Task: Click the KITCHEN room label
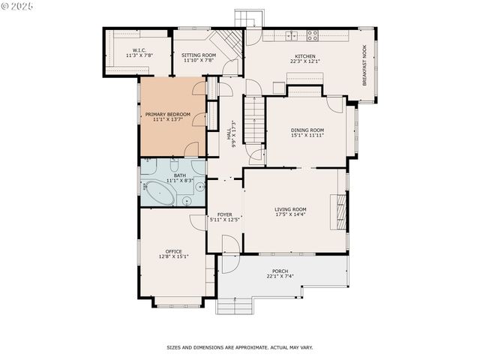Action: [x=304, y=57]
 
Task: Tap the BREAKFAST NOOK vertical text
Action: [x=365, y=66]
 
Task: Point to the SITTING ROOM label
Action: [x=199, y=55]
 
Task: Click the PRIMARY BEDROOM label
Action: [x=167, y=114]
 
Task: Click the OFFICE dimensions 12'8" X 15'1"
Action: [x=173, y=256]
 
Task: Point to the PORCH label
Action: [x=280, y=271]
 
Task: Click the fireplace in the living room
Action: [x=341, y=211]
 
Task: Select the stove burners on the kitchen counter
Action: [x=311, y=34]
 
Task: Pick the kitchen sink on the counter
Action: [x=290, y=34]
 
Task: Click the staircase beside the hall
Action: [x=256, y=124]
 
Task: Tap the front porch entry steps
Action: [x=235, y=305]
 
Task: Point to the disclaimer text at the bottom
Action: [x=239, y=347]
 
